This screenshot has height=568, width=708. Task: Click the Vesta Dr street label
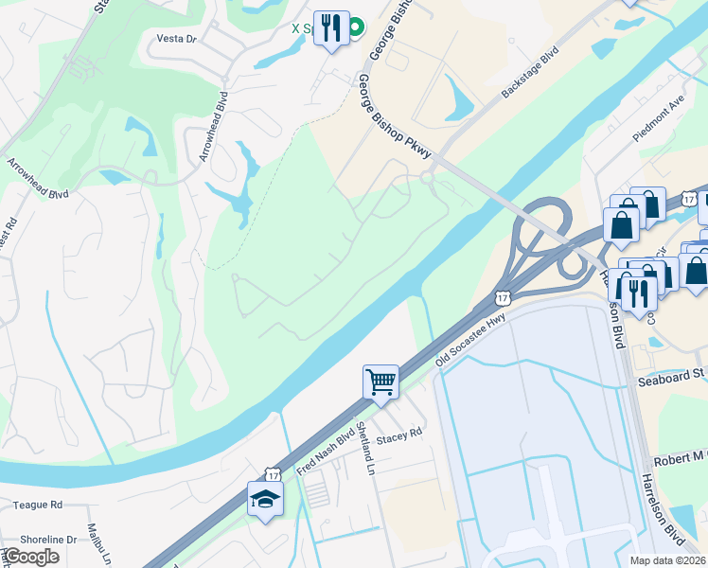pyautogui.click(x=176, y=39)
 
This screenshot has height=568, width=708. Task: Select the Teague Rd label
pyautogui.click(x=38, y=506)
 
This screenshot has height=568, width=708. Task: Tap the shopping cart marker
pyautogui.click(x=381, y=382)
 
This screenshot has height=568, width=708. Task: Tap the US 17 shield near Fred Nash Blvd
pyautogui.click(x=273, y=471)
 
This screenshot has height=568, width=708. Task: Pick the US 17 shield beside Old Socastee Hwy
pyautogui.click(x=502, y=297)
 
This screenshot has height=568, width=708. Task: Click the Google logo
pyautogui.click(x=30, y=557)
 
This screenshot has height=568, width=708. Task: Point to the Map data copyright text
pyautogui.click(x=666, y=559)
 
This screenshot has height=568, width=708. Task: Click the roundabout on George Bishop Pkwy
pyautogui.click(x=427, y=176)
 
